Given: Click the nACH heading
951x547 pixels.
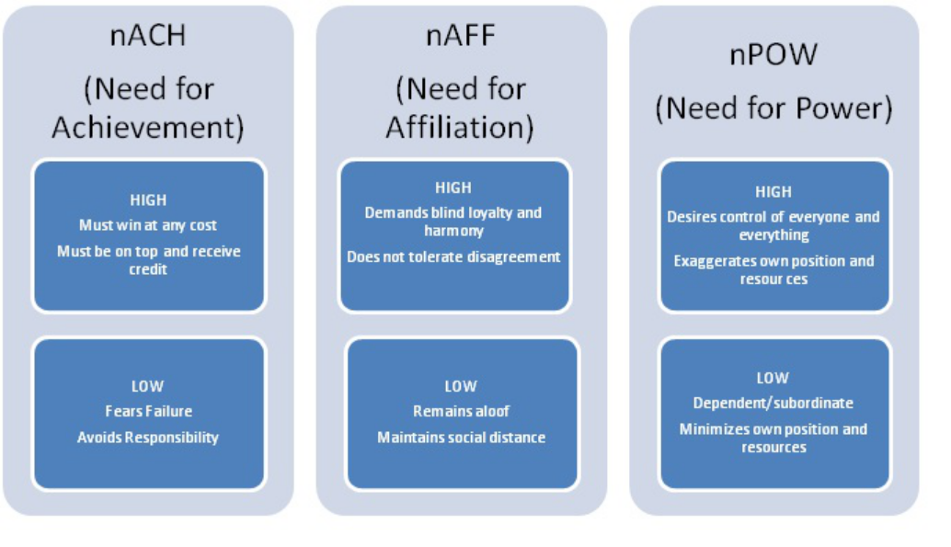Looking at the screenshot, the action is pos(147,36).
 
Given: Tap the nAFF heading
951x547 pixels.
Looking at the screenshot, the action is pos(461,35).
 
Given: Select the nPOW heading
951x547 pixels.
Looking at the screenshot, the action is pos(773,54).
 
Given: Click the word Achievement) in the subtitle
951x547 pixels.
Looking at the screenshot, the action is pos(148,128).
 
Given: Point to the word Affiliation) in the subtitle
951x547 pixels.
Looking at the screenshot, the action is pos(460,128).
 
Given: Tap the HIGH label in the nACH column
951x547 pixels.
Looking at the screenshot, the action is pos(148,200).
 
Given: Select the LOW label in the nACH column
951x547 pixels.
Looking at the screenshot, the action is pos(147,386).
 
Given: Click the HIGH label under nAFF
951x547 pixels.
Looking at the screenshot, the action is pos(453,188).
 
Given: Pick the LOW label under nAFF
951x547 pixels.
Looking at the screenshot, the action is pos(461,386).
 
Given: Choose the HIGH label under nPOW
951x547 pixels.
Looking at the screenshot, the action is pos(773,192).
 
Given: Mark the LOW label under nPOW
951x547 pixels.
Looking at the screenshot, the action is pos(772,379).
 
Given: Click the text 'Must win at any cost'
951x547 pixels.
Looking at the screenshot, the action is pos(148,225).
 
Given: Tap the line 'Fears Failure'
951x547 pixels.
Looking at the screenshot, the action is pos(149,411).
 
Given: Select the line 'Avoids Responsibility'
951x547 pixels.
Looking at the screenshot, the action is pos(148,438).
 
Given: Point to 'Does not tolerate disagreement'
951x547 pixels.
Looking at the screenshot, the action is pos(453,257).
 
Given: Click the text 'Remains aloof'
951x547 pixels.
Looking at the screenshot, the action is pos(461,411).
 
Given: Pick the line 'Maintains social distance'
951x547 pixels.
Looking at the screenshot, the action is pos(461,438).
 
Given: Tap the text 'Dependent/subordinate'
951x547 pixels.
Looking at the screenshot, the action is pos(773,404).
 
